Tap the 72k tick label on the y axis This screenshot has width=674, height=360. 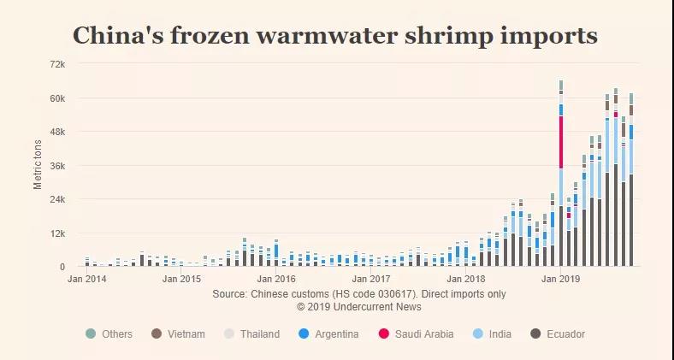coord(57,64)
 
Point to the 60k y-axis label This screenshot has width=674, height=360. coord(57,98)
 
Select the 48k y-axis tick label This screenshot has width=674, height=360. coord(57,132)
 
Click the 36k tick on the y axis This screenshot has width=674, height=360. coord(57,166)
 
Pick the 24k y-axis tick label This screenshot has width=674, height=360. coord(57,199)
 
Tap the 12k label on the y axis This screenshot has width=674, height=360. coord(57,233)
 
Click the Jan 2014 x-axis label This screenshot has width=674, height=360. coord(87,279)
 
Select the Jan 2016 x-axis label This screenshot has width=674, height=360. coord(276,279)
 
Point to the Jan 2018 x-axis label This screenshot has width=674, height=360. coord(464,279)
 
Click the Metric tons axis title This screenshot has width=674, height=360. coord(38,164)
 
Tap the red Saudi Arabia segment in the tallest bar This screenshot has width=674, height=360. coord(561,142)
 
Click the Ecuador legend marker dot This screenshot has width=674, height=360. coord(535,333)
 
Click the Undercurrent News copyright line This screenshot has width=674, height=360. coord(359,306)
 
